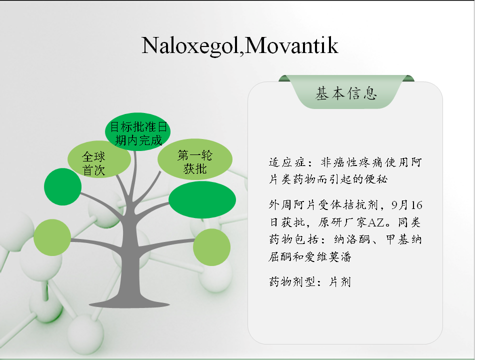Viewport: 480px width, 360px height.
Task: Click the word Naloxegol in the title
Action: pos(190,45)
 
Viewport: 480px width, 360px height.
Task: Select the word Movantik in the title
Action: pos(291,45)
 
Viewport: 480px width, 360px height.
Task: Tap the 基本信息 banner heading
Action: pos(346,93)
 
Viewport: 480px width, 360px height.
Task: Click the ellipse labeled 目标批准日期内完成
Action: pos(138,131)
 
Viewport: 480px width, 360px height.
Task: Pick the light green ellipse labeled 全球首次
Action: pos(99,159)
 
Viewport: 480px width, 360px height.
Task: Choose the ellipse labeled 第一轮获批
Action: pos(195,159)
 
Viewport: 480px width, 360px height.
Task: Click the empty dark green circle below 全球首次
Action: pos(63,186)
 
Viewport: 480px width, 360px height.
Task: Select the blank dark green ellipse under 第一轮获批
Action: pos(202,199)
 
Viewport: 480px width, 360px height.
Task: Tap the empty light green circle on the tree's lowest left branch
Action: pos(52,237)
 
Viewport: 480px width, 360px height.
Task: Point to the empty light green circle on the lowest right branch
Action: pos(212,247)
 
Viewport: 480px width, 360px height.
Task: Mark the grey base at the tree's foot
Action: pos(129,303)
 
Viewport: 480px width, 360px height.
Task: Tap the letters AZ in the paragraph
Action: pos(375,222)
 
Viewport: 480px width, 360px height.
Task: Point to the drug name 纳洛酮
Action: pos(352,239)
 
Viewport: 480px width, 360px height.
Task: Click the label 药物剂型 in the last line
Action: pos(292,281)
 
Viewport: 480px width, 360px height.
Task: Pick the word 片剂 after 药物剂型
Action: pos(340,281)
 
